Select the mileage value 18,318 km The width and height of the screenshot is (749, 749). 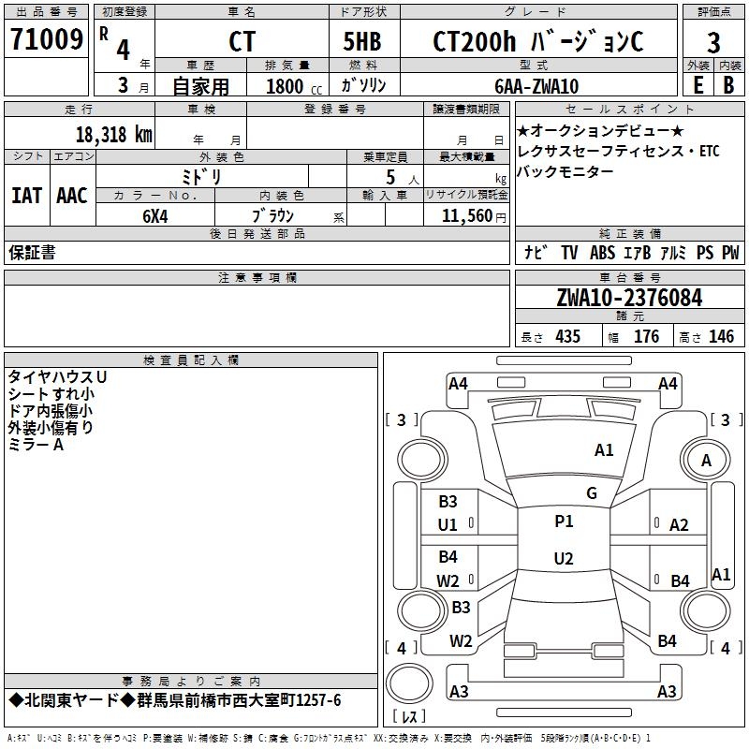pos(113,134)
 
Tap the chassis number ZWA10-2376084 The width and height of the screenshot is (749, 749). pos(628,298)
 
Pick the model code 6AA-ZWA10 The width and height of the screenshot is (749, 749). pos(536,86)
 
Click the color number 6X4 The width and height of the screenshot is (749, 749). pos(155,214)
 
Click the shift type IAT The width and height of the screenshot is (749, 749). pos(26,195)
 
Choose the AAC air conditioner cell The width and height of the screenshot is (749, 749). pos(71,195)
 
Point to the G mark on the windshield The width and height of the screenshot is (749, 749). pos(592,492)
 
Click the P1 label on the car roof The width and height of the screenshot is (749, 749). pos(564,521)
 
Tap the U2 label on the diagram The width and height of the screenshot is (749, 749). pos(564,559)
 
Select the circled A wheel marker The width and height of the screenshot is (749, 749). pos(706,461)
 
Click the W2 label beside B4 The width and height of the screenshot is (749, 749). pos(448,580)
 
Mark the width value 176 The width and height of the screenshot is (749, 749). pos(647,337)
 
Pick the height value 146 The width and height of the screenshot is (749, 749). pos(721,337)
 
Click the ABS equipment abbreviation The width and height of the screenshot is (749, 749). pos(602,253)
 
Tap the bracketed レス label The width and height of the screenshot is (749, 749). pos(408,717)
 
